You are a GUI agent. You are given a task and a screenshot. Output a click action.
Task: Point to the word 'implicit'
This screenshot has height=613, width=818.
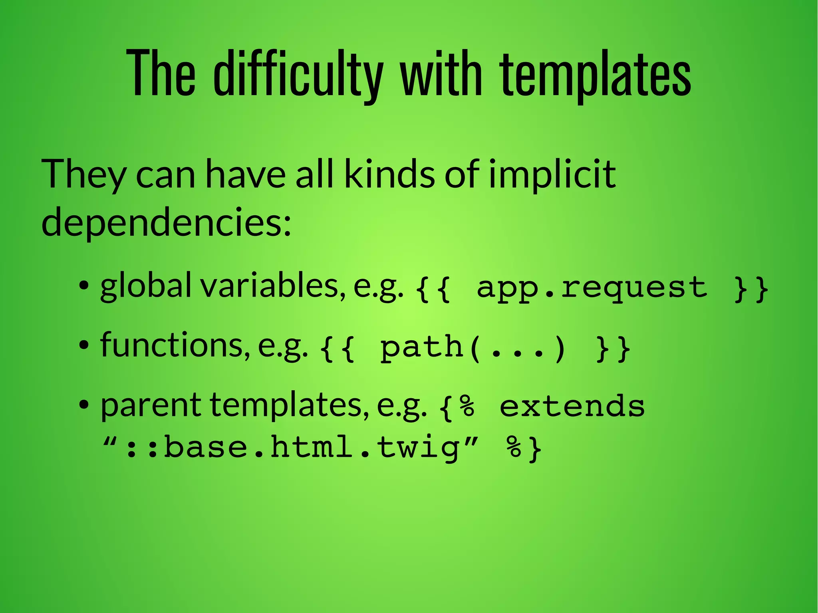click(552, 175)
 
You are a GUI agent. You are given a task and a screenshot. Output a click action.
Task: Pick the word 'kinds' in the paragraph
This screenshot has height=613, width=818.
click(389, 174)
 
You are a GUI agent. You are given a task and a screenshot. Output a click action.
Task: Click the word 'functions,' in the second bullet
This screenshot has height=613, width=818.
click(176, 345)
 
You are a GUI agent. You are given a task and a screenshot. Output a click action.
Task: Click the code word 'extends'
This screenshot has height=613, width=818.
click(572, 407)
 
